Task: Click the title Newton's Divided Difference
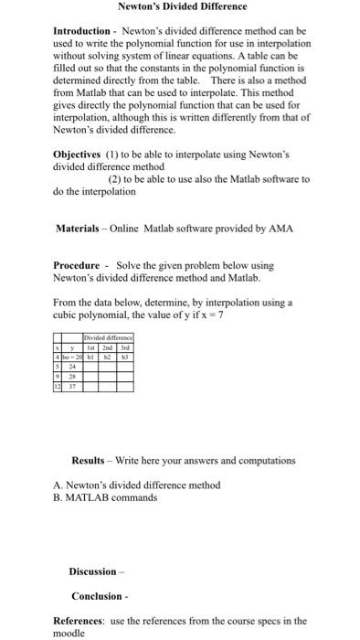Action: [x=183, y=6]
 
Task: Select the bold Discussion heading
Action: [x=92, y=571]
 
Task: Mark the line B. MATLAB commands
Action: [x=105, y=498]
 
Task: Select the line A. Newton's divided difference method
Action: [x=137, y=485]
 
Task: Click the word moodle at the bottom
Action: [x=70, y=633]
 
